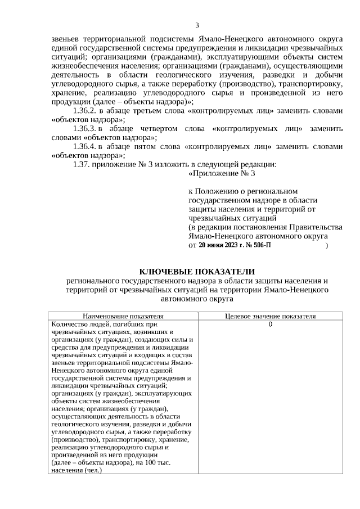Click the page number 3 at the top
pos(197,25)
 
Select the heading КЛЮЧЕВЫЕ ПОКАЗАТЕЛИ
pos(197,271)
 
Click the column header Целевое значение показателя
pos(270,316)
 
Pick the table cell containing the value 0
pos(270,325)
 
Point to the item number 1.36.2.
pos(86,111)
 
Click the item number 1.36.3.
pos(86,129)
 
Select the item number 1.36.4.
pos(86,146)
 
